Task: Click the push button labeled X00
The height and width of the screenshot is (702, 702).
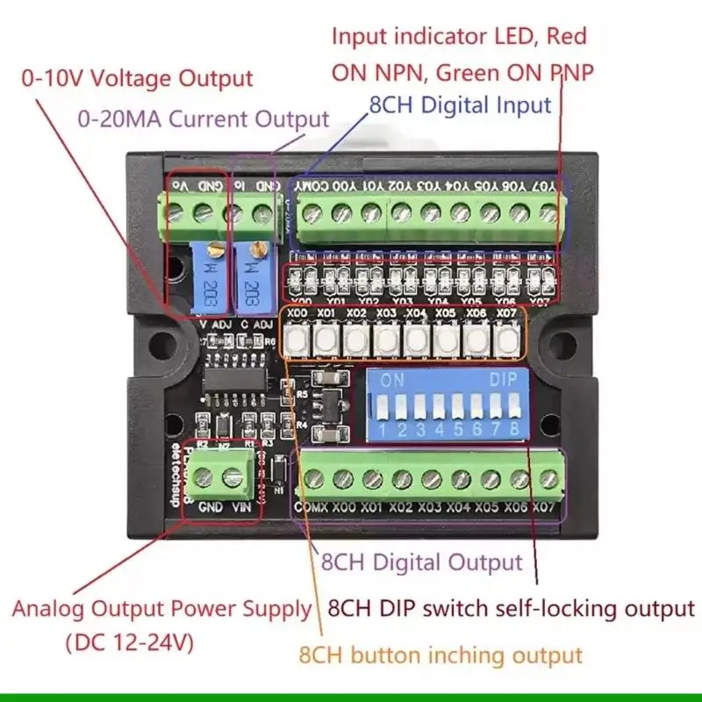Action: pyautogui.click(x=297, y=338)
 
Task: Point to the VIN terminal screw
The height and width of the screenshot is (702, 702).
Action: pyautogui.click(x=233, y=478)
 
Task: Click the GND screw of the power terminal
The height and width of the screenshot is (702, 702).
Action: pyautogui.click(x=204, y=478)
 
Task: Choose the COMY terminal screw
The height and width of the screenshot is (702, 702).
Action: pyautogui.click(x=312, y=211)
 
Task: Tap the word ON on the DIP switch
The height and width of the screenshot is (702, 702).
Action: pyautogui.click(x=391, y=382)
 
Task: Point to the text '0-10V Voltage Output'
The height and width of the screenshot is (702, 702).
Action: pyautogui.click(x=137, y=77)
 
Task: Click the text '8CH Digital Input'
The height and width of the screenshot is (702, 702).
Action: pyautogui.click(x=460, y=105)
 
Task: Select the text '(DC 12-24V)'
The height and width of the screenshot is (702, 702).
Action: pyautogui.click(x=129, y=641)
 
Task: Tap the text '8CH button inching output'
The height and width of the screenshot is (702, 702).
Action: pyautogui.click(x=441, y=655)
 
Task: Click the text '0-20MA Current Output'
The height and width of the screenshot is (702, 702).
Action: pyautogui.click(x=204, y=119)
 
